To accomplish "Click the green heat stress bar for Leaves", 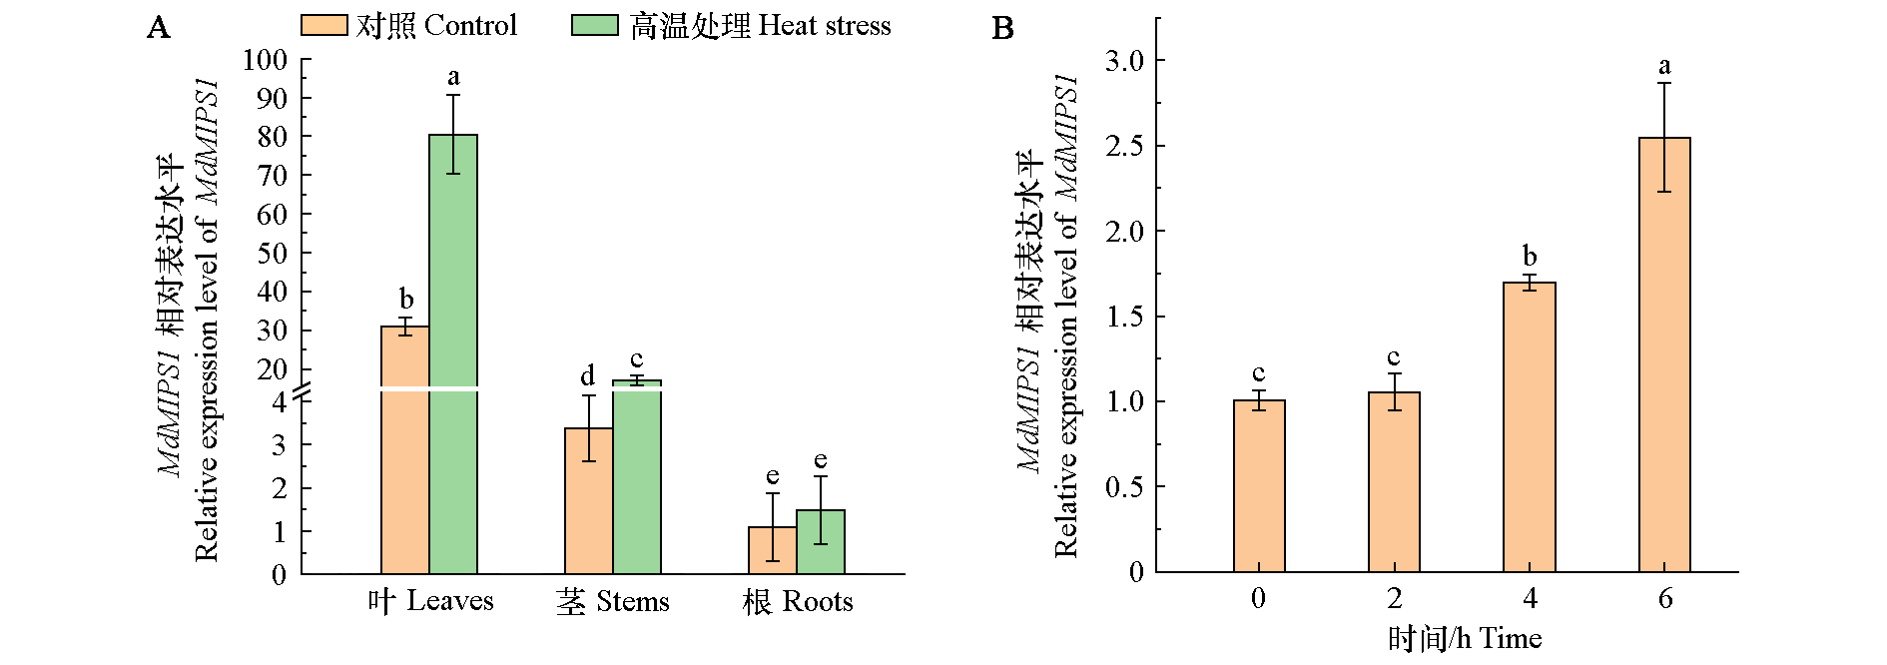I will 453,349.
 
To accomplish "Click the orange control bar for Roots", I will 773,550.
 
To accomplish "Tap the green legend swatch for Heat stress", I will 595,25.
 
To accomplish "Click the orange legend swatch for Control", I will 323,25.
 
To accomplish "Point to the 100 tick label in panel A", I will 265,60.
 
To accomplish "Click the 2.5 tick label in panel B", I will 1124,146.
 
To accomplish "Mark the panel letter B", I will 1002,28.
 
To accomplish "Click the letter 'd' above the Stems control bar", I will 588,375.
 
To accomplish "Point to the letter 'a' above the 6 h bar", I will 1664,67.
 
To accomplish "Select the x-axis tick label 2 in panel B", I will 1394,598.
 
